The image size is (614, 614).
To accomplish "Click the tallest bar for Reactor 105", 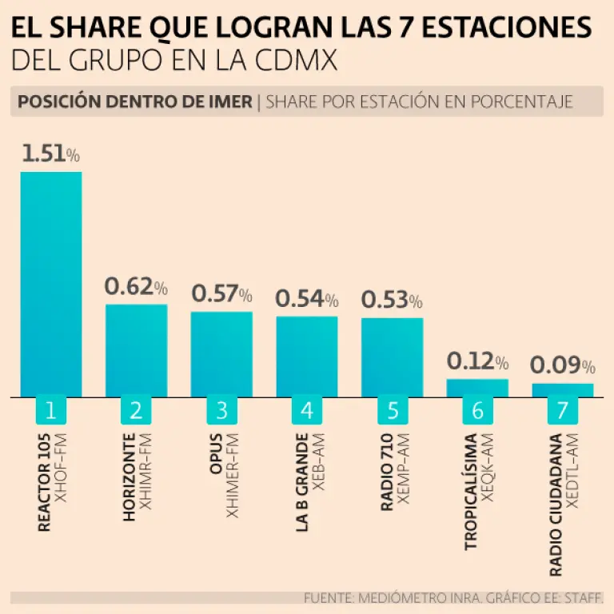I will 51,284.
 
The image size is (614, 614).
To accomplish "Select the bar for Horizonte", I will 137,350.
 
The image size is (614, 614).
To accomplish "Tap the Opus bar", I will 221,353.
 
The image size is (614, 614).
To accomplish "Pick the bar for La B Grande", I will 307,356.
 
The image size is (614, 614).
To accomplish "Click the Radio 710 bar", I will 392,357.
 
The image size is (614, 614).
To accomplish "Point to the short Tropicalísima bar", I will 477,388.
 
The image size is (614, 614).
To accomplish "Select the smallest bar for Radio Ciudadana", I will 563,389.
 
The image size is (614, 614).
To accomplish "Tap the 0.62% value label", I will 137,286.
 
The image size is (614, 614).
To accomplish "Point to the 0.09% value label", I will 563,365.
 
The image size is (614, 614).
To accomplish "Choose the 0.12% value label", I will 477,361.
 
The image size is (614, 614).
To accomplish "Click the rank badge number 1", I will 51,411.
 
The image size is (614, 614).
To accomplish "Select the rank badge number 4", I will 307,411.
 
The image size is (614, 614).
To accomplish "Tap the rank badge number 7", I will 563,411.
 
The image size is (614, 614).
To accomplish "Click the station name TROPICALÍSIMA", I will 471,491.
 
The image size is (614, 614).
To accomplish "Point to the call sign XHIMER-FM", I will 233,476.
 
